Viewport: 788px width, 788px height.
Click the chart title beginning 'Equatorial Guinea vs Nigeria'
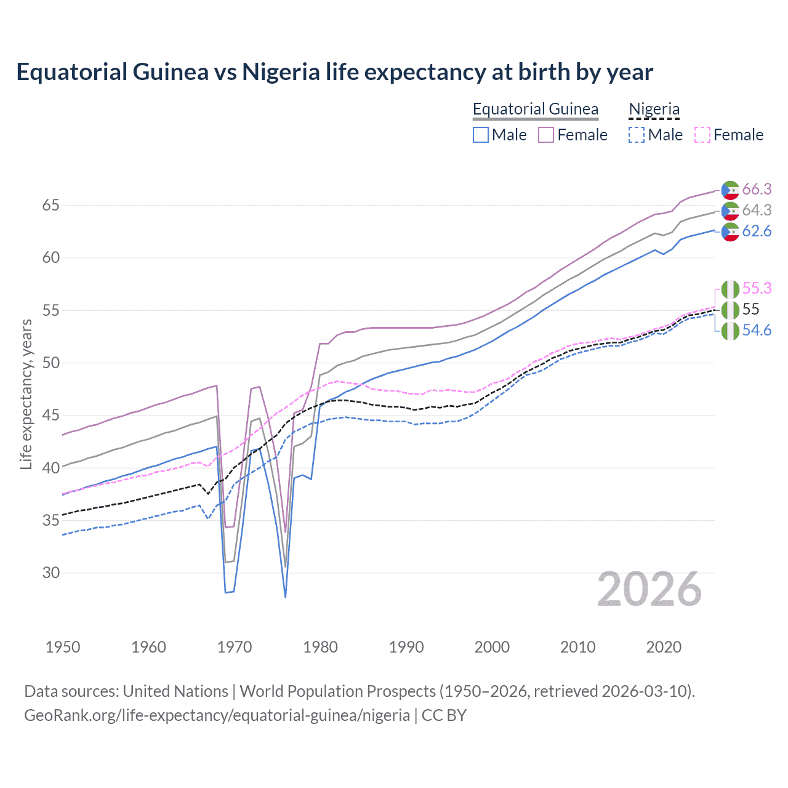point(334,72)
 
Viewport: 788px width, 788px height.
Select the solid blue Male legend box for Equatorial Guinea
point(481,135)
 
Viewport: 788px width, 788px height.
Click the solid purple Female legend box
point(546,135)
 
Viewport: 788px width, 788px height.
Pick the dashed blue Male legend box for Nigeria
point(637,135)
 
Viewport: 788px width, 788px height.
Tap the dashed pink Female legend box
point(702,135)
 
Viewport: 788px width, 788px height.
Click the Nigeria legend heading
point(654,109)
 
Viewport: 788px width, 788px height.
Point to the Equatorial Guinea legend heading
point(535,109)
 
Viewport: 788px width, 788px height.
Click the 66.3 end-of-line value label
point(757,189)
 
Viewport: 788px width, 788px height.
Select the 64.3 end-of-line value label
point(757,210)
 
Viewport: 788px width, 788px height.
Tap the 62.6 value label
point(757,231)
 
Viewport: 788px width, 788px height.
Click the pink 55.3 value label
point(757,288)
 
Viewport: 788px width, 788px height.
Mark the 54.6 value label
point(757,330)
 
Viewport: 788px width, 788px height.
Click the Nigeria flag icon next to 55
point(730,310)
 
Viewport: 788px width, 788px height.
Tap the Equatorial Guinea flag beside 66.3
point(730,190)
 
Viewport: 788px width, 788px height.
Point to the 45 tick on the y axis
point(51,416)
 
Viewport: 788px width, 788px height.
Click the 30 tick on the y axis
point(51,573)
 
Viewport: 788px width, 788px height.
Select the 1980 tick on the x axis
point(320,647)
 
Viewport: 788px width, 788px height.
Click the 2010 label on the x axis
point(577,647)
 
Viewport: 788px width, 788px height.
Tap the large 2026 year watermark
point(649,589)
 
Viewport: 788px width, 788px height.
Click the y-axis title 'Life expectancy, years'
point(26,394)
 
